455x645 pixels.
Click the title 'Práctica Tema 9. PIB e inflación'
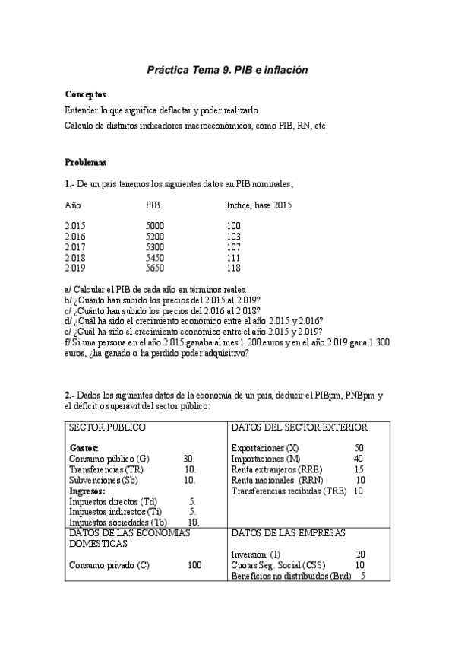coord(227,70)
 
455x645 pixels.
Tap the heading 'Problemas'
coord(86,162)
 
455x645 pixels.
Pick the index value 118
coord(233,268)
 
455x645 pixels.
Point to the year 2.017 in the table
coord(76,248)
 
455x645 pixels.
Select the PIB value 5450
coord(153,258)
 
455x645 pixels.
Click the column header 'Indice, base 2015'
coord(259,205)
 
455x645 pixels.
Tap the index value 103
coord(233,237)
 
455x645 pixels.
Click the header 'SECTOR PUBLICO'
coord(107,428)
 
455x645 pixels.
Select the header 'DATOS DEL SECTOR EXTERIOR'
coord(299,428)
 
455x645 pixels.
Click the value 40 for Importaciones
coord(359,459)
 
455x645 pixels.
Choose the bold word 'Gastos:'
coord(84,448)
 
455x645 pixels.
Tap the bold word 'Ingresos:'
coord(87,491)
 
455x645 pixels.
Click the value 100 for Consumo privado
coord(194,565)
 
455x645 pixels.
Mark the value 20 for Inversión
coord(360,554)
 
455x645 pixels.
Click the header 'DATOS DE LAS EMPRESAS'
coord(288,533)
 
